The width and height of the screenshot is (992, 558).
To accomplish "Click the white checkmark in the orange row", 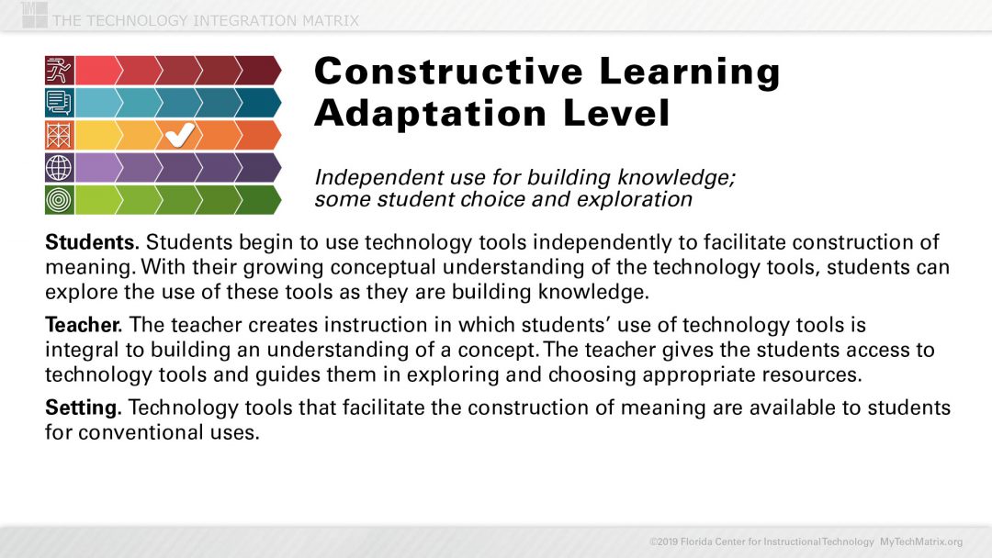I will (179, 136).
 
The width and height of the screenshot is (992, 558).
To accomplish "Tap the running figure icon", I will (59, 71).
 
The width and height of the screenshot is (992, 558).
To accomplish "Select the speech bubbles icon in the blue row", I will (59, 103).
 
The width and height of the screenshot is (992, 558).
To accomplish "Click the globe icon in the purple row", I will (59, 168).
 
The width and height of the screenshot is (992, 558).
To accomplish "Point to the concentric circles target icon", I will (59, 200).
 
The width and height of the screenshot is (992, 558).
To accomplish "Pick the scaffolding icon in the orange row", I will (59, 136).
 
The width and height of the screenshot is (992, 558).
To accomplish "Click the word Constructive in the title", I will (448, 72).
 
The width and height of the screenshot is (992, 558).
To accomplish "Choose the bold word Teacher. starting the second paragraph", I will (85, 325).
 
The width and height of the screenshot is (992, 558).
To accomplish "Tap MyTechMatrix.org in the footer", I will (921, 541).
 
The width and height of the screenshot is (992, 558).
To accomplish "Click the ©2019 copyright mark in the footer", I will (664, 541).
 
